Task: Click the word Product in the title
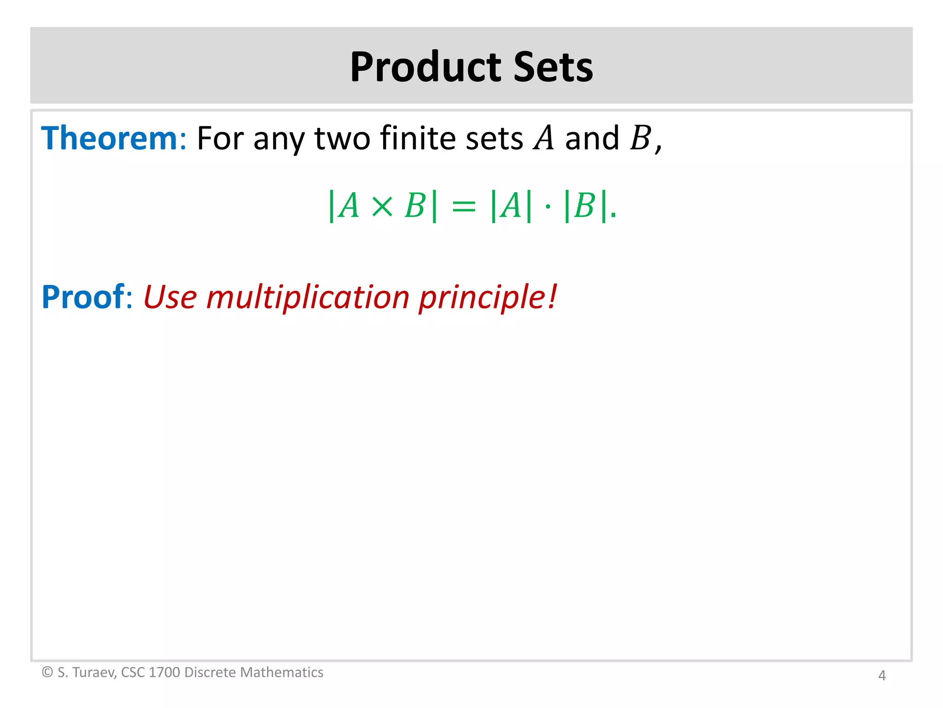coord(425,67)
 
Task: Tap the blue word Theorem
coord(109,138)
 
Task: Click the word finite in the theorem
coord(418,138)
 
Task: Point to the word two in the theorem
coord(342,139)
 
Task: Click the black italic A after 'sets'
coord(544,138)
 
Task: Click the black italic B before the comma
coord(640,138)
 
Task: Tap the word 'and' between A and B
coord(592,138)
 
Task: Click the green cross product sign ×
coord(382,206)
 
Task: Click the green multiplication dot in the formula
coord(547,206)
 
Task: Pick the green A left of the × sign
coord(349,206)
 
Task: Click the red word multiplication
coord(308,297)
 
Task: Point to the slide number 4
coord(882,675)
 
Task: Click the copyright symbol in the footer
coord(47,672)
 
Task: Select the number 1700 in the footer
coord(164,672)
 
